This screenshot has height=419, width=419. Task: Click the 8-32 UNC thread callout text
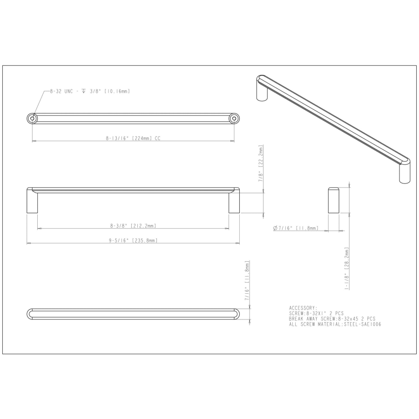(x=90, y=91)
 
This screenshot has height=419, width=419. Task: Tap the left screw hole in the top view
(x=32, y=118)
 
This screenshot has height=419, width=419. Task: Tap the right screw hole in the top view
(x=234, y=118)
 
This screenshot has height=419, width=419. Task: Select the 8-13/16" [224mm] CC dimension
(x=133, y=138)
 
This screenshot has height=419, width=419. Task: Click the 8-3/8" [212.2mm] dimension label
(x=133, y=226)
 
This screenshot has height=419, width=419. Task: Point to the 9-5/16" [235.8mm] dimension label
(x=133, y=241)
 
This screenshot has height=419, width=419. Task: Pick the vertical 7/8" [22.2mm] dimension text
(x=261, y=163)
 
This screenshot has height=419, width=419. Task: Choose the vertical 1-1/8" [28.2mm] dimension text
(x=346, y=268)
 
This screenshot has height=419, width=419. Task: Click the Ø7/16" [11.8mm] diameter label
(x=296, y=228)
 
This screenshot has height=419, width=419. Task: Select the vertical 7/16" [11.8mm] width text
(x=247, y=281)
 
